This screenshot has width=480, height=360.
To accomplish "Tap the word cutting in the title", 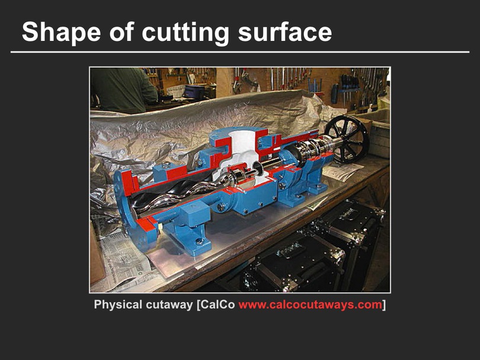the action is point(185,32).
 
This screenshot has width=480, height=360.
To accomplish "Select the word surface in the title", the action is point(285,32).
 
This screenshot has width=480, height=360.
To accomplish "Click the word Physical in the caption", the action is point(118,305).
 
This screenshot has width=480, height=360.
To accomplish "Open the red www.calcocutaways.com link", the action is point(311,305).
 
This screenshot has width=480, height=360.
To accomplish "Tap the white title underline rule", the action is point(240,52).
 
